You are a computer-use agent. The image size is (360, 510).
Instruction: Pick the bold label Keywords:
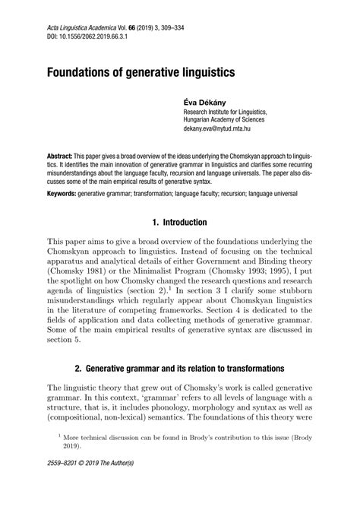66,195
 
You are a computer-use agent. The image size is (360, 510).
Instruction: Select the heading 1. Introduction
179,223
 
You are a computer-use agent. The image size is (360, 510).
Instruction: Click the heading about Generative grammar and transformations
180,368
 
